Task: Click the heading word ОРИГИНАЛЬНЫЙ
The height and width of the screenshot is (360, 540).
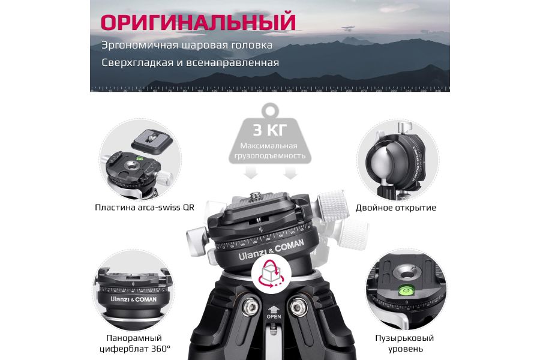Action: (x=197, y=22)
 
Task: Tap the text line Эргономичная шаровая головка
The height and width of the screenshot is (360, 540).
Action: (x=187, y=45)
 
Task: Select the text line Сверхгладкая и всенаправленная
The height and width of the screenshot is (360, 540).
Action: (x=190, y=62)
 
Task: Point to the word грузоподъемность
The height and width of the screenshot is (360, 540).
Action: (x=269, y=156)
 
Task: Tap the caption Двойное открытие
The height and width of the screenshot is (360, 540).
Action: (x=395, y=208)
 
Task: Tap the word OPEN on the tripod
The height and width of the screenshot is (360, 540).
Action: (x=274, y=316)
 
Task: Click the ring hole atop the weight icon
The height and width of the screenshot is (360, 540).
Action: (x=269, y=110)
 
